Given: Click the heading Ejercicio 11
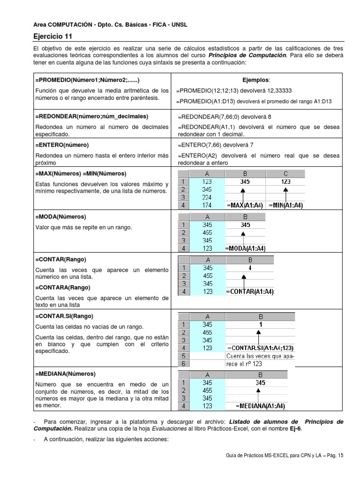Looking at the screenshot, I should click(52, 36).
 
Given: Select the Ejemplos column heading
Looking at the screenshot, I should click(256, 80).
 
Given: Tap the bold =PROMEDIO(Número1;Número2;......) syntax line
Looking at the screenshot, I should click(88, 80).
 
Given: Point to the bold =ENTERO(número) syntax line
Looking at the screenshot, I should click(62, 145).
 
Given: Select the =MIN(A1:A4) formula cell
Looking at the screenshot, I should click(285, 205).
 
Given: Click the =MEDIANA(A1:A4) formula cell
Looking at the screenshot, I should click(261, 406).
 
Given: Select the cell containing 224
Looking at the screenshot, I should click(207, 197).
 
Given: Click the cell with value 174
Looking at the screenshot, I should click(207, 205).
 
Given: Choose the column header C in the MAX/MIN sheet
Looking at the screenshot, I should click(285, 173).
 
